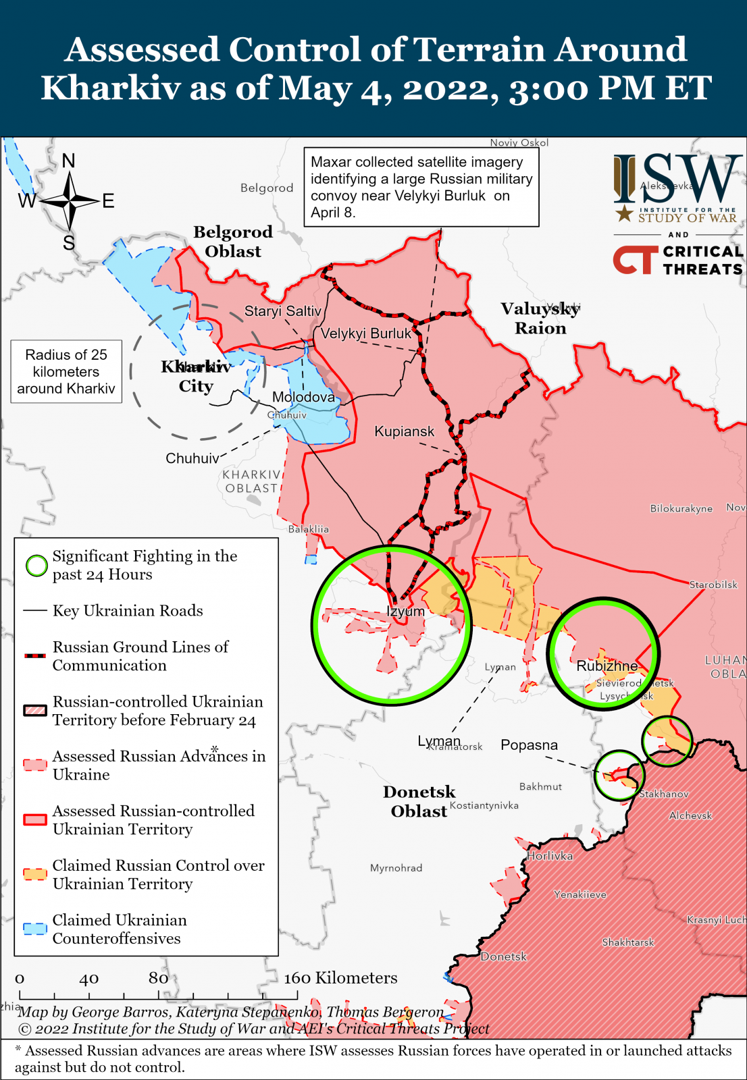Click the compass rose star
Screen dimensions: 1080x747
[69, 200]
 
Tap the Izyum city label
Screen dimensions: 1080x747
[406, 612]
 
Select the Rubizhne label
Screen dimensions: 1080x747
[607, 666]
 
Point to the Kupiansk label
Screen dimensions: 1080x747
[405, 431]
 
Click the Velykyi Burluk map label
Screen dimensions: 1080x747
[365, 333]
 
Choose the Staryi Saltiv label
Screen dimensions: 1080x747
[282, 311]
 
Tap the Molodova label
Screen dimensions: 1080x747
[303, 397]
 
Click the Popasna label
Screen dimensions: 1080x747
[529, 745]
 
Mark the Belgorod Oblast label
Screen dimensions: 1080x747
[233, 242]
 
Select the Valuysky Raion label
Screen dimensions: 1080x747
[540, 319]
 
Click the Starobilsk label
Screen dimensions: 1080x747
[713, 585]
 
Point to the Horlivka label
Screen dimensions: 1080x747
[550, 856]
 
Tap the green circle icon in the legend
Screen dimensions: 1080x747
[36, 566]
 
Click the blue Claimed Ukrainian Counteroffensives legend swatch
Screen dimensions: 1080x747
[35, 929]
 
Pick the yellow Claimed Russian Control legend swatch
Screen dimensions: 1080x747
[35, 874]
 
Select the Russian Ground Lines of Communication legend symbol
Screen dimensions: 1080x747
[35, 655]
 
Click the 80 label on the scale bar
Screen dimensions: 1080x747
[158, 978]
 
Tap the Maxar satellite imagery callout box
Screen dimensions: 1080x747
[421, 187]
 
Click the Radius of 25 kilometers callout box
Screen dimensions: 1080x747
[66, 371]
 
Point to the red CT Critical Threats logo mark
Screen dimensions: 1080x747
[634, 260]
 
